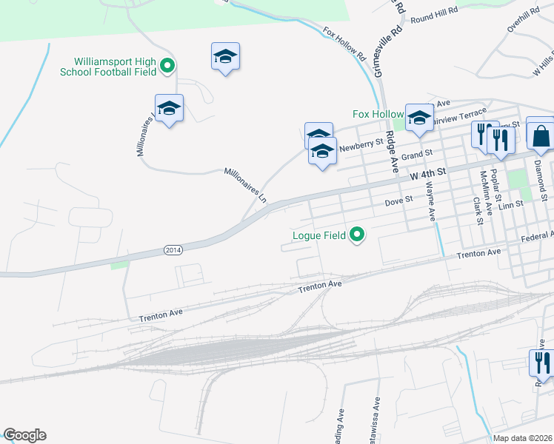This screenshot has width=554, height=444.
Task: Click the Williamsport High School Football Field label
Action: point(115,67)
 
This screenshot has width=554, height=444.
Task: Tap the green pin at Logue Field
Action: point(357,236)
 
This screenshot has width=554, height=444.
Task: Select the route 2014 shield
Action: point(172,251)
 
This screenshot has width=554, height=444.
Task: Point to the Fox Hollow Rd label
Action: point(344,44)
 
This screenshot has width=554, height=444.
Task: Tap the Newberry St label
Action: point(361,145)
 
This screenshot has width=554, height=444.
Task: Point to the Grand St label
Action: point(417,155)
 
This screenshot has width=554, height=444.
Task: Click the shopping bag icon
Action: point(541,135)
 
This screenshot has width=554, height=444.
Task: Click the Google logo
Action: point(24,435)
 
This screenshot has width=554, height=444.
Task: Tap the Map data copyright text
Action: point(523,438)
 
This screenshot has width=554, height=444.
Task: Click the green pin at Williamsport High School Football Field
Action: point(167,67)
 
